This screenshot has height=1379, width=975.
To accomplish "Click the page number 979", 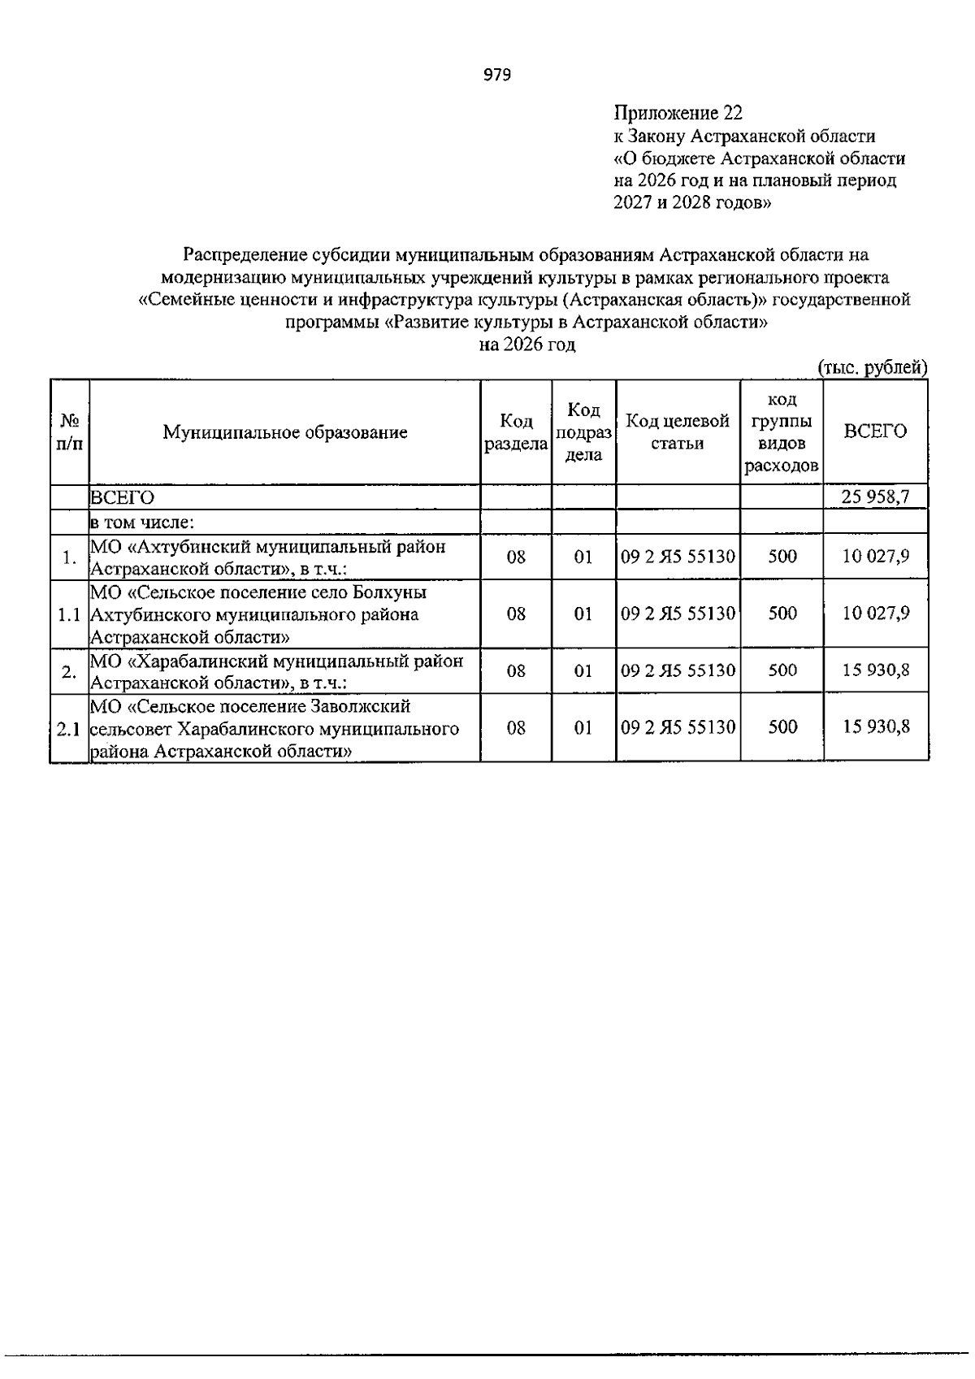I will coord(497,76).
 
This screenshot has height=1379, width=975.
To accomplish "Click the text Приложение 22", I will coord(678,113).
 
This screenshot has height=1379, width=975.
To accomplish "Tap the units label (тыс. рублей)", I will coord(872,367).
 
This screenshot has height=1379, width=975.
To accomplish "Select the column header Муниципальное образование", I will coord(284,432).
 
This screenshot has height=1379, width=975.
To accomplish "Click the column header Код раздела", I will coord(516,432).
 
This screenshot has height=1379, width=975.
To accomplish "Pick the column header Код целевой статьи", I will coord(678,432).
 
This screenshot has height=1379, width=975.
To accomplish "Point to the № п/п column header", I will coord(70,432).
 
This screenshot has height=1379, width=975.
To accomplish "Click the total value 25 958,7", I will coord(875,497).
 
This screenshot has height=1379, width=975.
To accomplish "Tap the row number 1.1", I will coord(70,614).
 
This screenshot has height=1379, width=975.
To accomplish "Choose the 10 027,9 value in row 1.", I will coord(875,557).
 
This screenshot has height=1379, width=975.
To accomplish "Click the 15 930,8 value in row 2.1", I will coord(875,727).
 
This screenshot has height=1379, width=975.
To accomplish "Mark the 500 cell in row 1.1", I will coord(782,614).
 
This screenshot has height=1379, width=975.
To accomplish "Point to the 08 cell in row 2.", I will coord(516,670).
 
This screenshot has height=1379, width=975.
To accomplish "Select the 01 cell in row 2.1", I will coord(583,727).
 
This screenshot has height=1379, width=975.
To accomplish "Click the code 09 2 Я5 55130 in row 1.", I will coord(678,557).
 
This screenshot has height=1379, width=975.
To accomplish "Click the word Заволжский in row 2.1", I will coord(362,706).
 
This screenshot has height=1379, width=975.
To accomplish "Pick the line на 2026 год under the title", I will coord(526,345).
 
